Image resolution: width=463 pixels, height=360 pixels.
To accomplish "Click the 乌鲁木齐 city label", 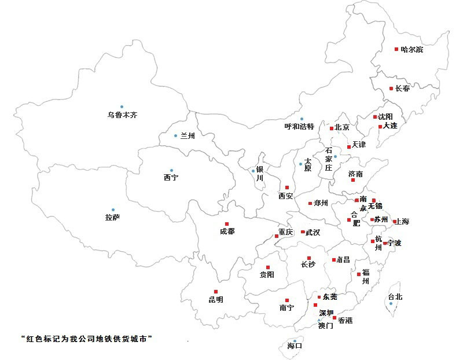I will tap(122, 115).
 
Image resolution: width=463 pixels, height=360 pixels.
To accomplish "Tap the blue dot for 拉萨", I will tap(113, 210).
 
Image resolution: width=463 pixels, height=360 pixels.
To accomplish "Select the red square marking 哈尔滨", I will tap(396, 49).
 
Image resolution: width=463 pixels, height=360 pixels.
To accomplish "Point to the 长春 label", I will tap(403, 89).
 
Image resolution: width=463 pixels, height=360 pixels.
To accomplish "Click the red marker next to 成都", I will tap(227, 224).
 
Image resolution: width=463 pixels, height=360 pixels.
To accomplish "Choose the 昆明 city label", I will tap(215, 300).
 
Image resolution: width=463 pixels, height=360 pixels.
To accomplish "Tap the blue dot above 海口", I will tap(295, 340).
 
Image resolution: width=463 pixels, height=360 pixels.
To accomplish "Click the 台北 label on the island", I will tap(395, 297).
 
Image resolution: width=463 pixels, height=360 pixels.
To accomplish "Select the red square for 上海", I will tap(394, 221).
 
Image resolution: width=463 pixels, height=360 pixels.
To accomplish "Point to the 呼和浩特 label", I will tap(299, 126).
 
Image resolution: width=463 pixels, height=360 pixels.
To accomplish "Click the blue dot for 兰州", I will tap(176, 136).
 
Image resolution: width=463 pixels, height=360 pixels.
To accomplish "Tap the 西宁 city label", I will tap(171, 178).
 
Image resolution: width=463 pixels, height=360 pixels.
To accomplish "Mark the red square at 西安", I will tap(286, 187).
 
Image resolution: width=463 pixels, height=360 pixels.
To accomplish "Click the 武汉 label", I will tap(313, 232).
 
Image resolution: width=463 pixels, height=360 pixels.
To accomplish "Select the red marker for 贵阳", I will tap(267, 267).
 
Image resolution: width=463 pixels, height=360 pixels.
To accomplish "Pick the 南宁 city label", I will tap(286, 308).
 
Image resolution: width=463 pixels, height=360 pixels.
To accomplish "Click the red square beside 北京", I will tap(332, 128).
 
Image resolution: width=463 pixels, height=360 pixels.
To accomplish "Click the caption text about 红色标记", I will tap(90, 339).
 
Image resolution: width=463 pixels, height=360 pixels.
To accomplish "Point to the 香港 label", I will tap(345, 320).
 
